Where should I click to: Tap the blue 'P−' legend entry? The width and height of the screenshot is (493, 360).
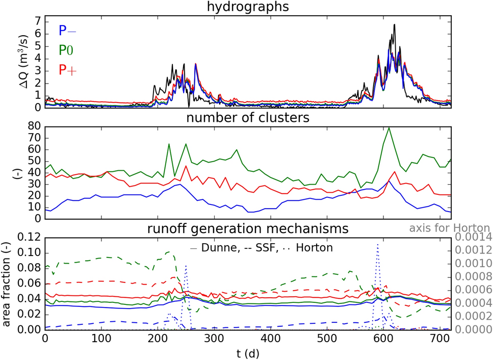click(67, 31)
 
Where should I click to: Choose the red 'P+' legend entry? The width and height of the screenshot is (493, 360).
click(67, 69)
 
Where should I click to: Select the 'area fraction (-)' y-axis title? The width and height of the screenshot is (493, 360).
click(7, 282)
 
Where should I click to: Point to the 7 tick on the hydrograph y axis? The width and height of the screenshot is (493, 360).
click(37, 21)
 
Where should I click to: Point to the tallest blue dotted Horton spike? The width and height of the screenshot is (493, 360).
click(377, 245)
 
